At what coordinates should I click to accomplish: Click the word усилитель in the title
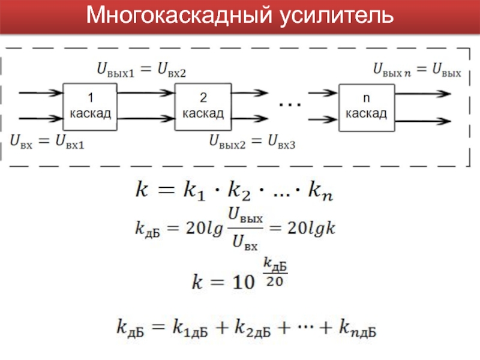pyautogui.click(x=335, y=16)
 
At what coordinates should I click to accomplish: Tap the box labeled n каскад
pyautogui.click(x=367, y=106)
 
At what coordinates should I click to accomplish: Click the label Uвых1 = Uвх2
pyautogui.click(x=142, y=71)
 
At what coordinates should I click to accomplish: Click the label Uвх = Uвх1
pyautogui.click(x=47, y=142)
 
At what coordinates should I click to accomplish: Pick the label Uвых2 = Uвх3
pyautogui.click(x=253, y=142)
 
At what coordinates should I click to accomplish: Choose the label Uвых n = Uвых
pyautogui.click(x=417, y=71)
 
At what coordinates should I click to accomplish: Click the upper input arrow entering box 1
pyautogui.click(x=41, y=93)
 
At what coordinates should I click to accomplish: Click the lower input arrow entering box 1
pyautogui.click(x=41, y=119)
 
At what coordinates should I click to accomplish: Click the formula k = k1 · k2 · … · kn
pyautogui.click(x=233, y=192)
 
